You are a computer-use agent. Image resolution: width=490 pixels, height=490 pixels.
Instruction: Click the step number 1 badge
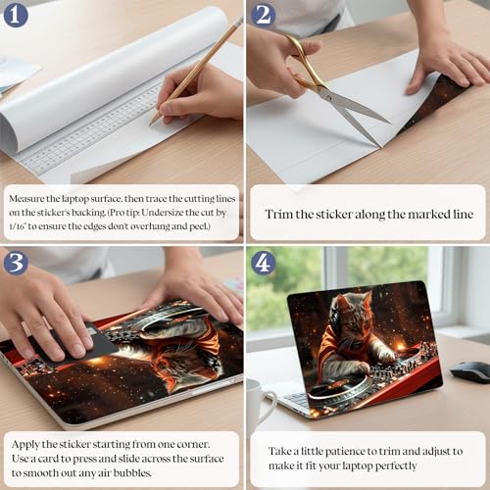click(16, 16)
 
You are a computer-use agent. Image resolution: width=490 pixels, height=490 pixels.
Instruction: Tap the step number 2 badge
click(264, 16)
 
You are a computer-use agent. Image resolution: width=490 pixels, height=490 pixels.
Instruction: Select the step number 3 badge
click(16, 263)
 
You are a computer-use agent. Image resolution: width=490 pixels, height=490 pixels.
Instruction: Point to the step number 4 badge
click(264, 263)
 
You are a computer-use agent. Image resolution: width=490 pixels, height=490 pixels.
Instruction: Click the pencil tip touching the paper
click(151, 124)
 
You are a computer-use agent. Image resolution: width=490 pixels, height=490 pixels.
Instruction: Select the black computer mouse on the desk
click(470, 371)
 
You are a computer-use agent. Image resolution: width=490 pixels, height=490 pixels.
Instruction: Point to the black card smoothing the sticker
click(75, 343)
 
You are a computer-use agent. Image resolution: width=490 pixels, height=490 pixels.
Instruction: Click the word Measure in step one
click(25, 199)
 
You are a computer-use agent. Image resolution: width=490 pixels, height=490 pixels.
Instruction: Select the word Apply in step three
click(25, 445)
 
